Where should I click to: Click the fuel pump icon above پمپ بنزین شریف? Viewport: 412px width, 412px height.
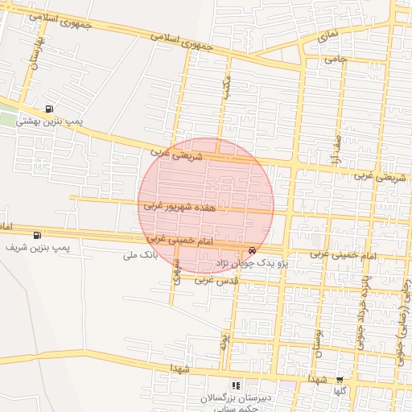coord(37,235)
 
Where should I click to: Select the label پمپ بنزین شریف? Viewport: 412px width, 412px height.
coord(39,247)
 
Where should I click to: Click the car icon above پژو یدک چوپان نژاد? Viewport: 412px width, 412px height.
coord(253,251)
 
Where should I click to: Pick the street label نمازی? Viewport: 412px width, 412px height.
coord(328,35)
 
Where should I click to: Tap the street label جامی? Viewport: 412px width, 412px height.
coord(335,60)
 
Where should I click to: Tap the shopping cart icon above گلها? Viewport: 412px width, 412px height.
coord(340,380)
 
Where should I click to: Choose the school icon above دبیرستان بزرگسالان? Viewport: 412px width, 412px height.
coord(236,385)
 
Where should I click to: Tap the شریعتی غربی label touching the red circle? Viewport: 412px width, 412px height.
coord(172,150)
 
